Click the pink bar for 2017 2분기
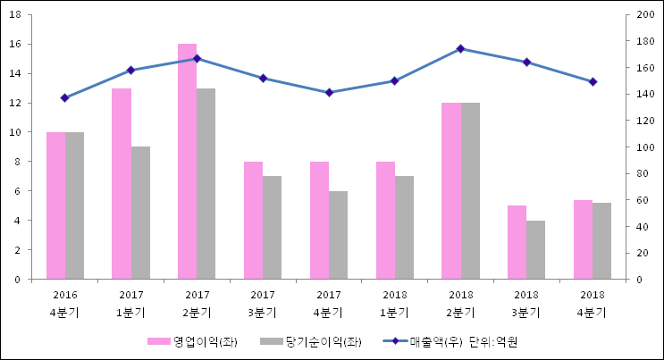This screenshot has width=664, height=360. tap(187, 161)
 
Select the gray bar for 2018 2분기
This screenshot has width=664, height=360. tap(470, 190)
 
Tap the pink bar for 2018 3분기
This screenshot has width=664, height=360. tap(517, 242)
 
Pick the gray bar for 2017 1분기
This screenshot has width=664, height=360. tap(140, 213)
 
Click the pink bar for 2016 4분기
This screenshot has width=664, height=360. tap(55, 205)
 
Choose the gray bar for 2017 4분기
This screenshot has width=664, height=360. tap(338, 235)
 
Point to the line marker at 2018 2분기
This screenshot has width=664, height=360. tap(460, 48)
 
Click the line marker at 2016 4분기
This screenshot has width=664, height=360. tap(64, 97)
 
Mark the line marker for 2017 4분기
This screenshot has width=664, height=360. tap(329, 92)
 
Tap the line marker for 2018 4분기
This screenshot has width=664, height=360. tap(593, 81)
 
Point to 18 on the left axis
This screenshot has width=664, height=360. tap(21, 15)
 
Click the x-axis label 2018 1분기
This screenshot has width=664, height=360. tap(394, 304)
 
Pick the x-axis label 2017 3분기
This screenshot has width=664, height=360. tap(263, 304)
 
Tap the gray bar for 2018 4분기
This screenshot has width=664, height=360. tap(602, 240)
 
